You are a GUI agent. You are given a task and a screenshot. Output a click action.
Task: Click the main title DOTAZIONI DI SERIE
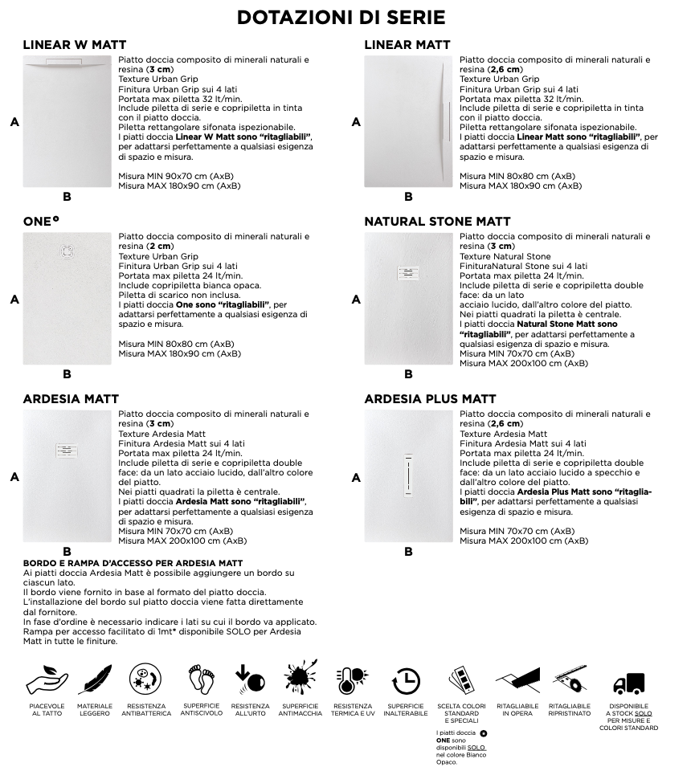click(341, 18)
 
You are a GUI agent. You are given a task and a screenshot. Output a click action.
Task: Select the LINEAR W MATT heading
click(74, 45)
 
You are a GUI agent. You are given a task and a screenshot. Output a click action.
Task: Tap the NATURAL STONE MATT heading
click(437, 222)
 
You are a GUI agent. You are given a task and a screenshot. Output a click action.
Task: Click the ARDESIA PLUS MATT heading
click(430, 399)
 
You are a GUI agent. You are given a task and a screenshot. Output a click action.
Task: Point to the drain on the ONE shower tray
click(67, 251)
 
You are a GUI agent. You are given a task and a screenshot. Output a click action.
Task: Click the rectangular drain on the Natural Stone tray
click(408, 273)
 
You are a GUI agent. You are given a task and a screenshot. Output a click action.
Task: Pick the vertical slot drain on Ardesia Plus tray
click(408, 475)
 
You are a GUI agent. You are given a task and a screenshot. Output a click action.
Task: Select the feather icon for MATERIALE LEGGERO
click(95, 680)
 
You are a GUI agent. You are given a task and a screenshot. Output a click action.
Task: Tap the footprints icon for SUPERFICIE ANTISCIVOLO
click(202, 679)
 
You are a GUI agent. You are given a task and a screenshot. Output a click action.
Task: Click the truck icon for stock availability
click(628, 682)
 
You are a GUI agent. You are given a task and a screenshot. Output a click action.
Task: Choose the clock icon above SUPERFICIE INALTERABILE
click(407, 680)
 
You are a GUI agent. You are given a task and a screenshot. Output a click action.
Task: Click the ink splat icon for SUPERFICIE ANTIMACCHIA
click(300, 680)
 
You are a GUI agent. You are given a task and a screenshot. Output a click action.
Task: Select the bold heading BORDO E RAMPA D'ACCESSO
click(133, 564)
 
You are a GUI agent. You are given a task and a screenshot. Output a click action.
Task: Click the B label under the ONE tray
click(67, 373)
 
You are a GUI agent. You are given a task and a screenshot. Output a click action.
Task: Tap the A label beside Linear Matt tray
click(355, 122)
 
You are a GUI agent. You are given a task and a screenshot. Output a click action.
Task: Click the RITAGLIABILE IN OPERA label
click(517, 710)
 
